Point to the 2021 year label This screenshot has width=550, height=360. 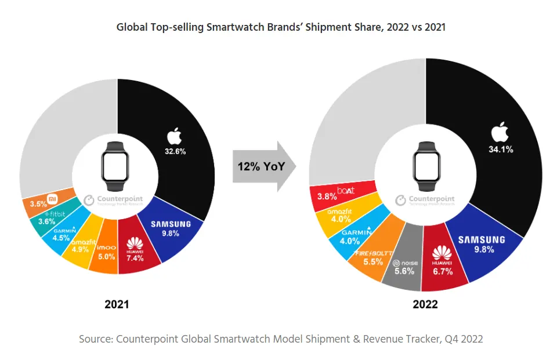click(116, 304)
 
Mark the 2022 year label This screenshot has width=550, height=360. click(425, 304)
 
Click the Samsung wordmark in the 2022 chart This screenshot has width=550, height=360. click(482, 239)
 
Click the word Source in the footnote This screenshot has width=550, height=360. click(96, 339)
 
